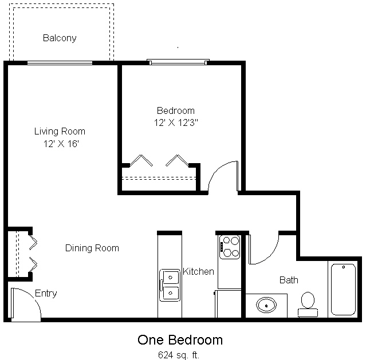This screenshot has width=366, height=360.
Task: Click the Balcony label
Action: [60, 38]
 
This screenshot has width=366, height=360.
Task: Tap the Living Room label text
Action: [60, 131]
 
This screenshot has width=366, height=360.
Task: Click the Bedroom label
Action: [176, 110]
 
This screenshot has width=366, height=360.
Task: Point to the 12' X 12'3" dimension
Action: [176, 122]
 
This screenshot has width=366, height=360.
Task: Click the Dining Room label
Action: [92, 248]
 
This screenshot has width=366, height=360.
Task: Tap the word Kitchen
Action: [198, 271]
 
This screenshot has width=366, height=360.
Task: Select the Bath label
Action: [289, 280]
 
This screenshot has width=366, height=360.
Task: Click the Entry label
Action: [46, 293]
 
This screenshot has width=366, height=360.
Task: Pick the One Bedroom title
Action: [180, 339]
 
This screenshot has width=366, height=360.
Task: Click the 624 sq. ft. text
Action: [180, 354]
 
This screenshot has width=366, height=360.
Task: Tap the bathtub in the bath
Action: [343, 288]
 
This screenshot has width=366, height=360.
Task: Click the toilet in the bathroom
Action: [308, 303]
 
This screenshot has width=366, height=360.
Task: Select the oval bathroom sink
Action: [266, 304]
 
